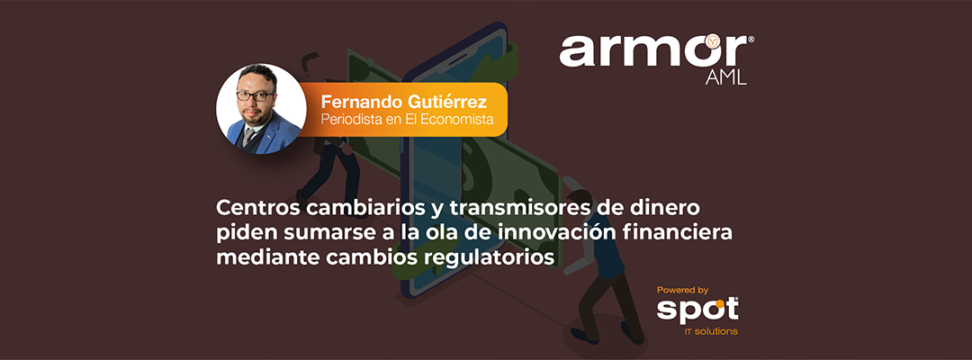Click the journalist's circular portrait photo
tap(262, 108)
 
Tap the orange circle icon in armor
tap(714, 42)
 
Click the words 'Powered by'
tap(682, 290)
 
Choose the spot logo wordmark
tap(697, 310)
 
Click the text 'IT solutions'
tap(711, 332)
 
